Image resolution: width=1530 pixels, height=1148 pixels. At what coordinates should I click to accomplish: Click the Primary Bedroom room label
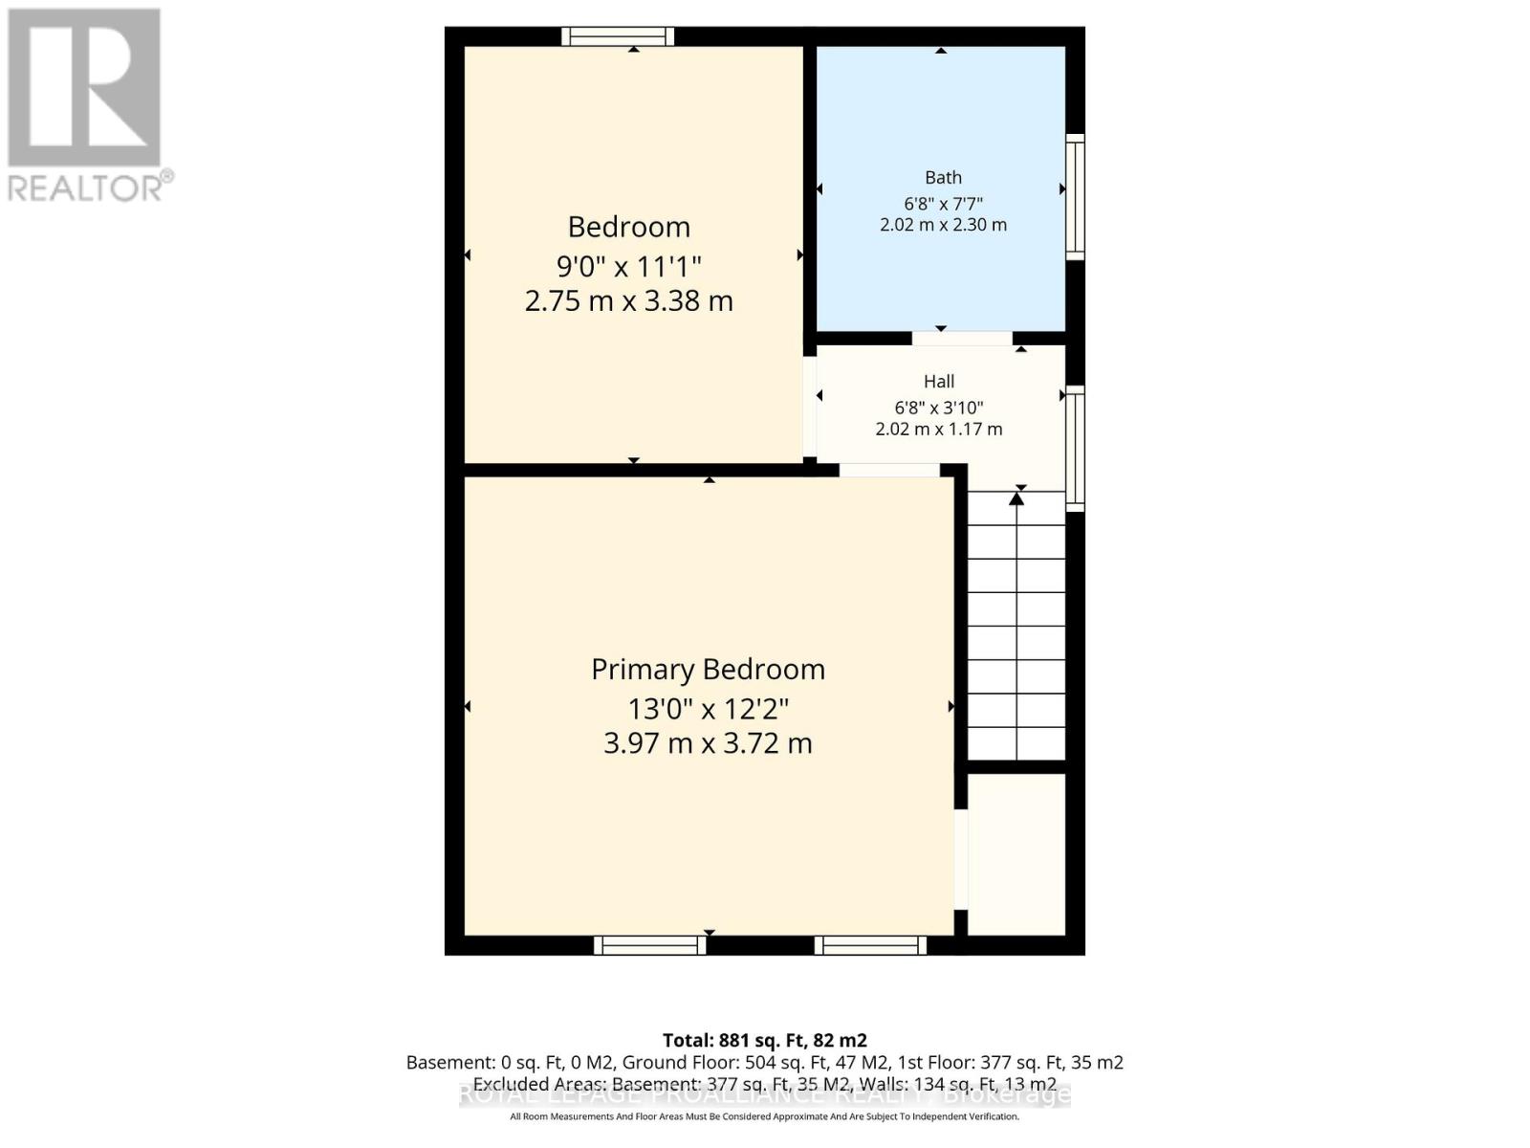pos(708,670)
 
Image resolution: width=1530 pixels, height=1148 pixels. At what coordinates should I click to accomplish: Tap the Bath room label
pos(943,177)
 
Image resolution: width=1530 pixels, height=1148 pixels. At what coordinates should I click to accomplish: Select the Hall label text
pos(939,381)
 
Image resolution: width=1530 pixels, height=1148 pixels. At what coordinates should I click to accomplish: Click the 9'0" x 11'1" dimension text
pos(629,265)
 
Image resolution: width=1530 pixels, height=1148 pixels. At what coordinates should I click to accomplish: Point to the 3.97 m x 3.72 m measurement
pos(708,743)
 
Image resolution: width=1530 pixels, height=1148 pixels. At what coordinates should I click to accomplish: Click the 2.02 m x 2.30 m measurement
pos(943,225)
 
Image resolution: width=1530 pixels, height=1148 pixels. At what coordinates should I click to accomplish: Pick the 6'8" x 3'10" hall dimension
pos(939,408)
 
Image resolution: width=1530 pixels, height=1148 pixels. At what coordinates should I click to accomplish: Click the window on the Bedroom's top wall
pos(618,36)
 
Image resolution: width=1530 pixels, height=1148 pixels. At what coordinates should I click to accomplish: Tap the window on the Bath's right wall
pos(1075,197)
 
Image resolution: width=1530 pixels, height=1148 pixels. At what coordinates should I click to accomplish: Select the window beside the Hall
pos(1075,448)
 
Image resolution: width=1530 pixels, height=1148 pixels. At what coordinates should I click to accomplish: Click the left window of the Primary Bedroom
pos(650,945)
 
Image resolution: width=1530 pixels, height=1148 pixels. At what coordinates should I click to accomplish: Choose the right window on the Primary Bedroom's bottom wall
pos(870,945)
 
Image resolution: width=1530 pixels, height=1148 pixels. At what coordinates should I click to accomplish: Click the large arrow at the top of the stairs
pos(1016,498)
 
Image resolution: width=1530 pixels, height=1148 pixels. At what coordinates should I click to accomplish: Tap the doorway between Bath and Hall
pos(961,338)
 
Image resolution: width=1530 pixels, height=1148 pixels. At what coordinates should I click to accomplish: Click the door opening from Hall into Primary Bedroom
pos(889,470)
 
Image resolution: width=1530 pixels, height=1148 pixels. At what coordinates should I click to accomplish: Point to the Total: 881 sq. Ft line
pos(765,1040)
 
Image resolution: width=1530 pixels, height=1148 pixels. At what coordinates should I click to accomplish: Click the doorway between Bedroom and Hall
pos(809,407)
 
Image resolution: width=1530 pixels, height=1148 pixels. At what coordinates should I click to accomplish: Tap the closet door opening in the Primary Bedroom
pos(961,859)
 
